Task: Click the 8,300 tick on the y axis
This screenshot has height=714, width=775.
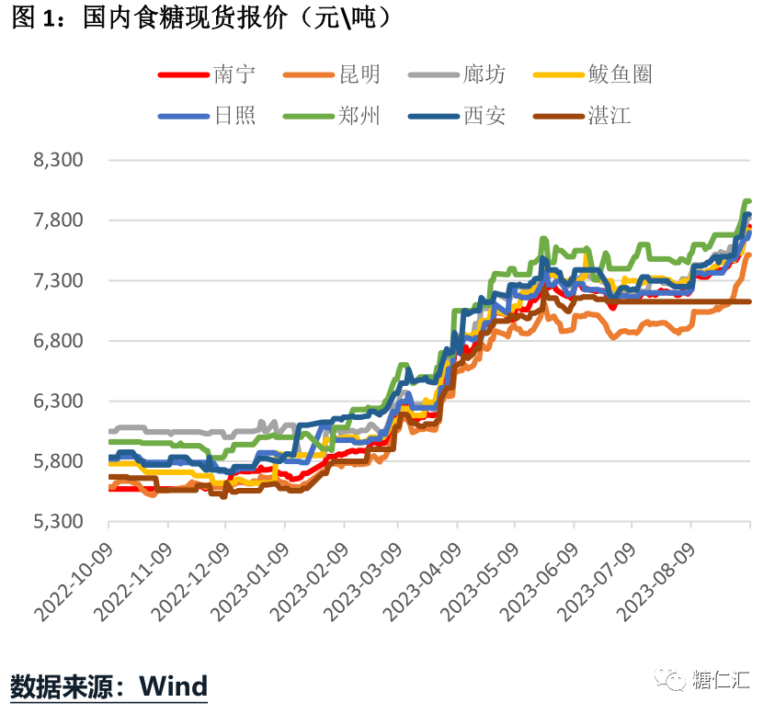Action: pyautogui.click(x=58, y=160)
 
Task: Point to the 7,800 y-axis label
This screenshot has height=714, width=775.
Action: pyautogui.click(x=58, y=221)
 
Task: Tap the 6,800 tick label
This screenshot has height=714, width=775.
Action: pyautogui.click(x=58, y=341)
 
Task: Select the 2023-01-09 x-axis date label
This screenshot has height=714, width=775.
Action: pyautogui.click(x=251, y=574)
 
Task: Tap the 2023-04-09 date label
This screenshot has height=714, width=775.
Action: pyautogui.click(x=425, y=574)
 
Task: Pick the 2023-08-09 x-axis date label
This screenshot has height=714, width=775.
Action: pyautogui.click(x=658, y=574)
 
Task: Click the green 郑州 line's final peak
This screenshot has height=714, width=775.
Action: pyautogui.click(x=747, y=201)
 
